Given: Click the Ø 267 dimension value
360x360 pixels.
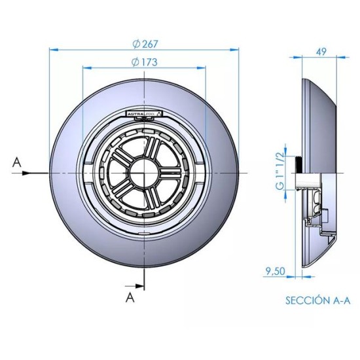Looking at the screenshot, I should (145, 44).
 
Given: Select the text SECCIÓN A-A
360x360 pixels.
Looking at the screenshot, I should (317, 300).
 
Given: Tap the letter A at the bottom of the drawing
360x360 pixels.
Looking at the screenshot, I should (130, 298).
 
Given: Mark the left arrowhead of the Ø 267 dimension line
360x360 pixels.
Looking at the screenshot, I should (53, 49).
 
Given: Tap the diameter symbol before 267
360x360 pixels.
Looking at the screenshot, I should (135, 44).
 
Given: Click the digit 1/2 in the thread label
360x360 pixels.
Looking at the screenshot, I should (280, 154).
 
